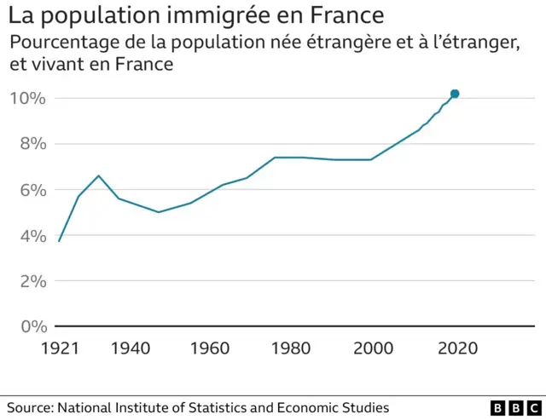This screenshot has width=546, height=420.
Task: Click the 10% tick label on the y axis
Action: pyautogui.click(x=26, y=98)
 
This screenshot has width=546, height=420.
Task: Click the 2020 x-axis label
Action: pyautogui.click(x=456, y=348)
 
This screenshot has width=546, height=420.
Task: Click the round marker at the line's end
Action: pyautogui.click(x=455, y=94)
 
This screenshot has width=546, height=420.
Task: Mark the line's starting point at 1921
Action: pyautogui.click(x=59, y=241)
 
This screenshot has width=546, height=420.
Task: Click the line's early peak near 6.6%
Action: pyautogui.click(x=99, y=175)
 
